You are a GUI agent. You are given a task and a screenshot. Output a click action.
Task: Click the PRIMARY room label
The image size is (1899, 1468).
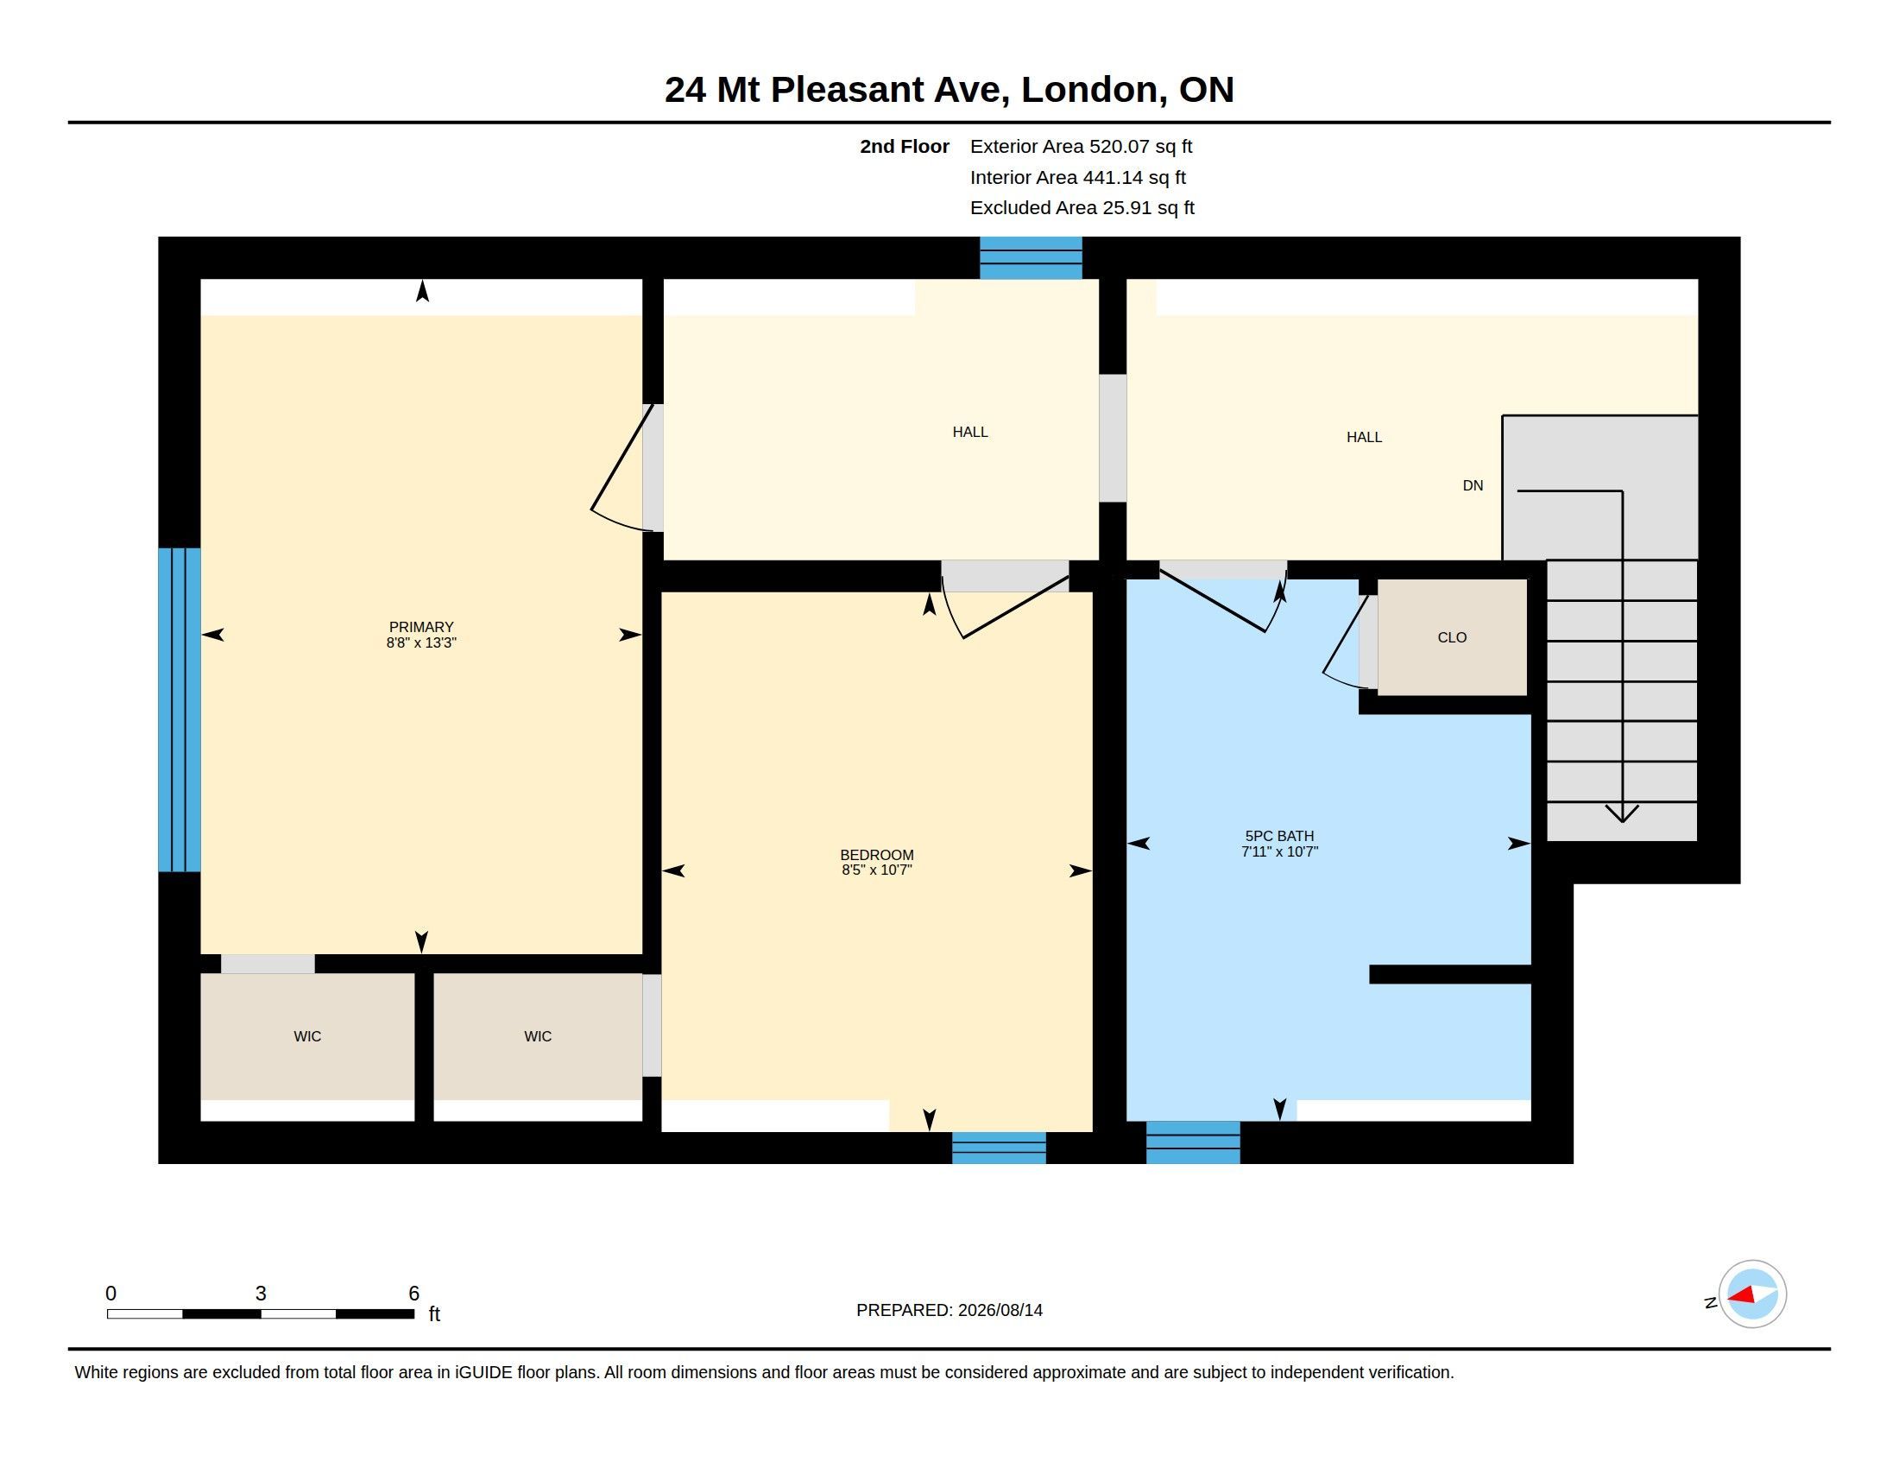pos(421,627)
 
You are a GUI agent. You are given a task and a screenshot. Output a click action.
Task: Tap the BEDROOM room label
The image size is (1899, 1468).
pos(876,855)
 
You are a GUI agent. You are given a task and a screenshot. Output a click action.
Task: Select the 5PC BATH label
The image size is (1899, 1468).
pos(1279,836)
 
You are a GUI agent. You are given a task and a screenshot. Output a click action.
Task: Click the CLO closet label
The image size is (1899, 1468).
pos(1452,637)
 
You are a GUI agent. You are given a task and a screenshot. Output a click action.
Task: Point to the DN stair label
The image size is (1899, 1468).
pos(1473,485)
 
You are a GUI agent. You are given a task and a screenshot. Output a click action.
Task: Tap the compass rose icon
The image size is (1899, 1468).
pos(1752,1294)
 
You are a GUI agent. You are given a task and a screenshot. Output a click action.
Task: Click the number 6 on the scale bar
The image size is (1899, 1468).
pos(413,1294)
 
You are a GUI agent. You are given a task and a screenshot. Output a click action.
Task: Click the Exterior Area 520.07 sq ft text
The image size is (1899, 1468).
pos(1081,146)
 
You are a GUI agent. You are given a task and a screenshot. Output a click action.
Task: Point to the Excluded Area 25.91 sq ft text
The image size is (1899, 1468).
pos(1082,208)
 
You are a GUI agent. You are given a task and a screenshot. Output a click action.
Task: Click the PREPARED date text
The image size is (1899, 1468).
pos(949,1310)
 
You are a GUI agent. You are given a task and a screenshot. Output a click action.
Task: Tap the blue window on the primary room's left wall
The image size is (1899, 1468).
pos(180,710)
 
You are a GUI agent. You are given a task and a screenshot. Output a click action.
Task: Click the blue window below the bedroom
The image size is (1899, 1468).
pos(999,1148)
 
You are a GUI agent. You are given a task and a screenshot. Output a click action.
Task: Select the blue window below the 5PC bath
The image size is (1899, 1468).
pos(1193,1142)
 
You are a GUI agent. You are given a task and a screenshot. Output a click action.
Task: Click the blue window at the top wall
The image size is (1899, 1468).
pos(1032,257)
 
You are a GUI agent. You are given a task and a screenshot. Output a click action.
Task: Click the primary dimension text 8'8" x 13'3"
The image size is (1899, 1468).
pos(421,642)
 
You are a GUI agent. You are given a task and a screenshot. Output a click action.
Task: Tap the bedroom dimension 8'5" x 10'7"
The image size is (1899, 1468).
pos(876,870)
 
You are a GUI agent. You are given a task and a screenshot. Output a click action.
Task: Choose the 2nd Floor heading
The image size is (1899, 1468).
pos(905,146)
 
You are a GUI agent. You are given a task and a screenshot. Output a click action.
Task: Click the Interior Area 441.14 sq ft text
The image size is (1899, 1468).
pos(1077,177)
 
